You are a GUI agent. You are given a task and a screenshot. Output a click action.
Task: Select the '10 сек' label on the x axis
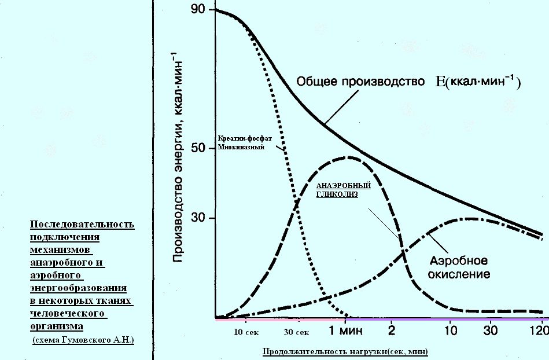coord(246,333)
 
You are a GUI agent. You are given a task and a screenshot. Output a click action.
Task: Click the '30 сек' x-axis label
coord(297,333)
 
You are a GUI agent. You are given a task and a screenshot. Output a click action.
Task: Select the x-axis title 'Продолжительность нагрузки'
coord(347,351)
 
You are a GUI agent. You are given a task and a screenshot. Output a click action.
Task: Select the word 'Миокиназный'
coord(241,148)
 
